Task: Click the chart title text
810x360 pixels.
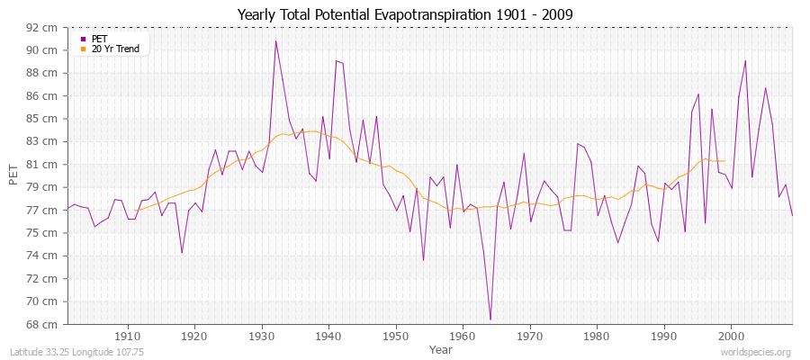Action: pos(405,14)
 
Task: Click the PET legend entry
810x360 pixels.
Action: pos(99,39)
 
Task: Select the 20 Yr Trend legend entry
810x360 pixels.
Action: pos(115,49)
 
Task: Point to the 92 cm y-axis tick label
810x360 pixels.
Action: pos(44,27)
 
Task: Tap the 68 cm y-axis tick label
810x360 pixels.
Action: pos(44,324)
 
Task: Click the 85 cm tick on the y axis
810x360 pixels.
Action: pos(44,119)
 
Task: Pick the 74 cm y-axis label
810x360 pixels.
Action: pos(44,256)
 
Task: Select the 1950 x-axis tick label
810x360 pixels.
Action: pos(395,337)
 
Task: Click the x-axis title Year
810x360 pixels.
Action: pos(440,348)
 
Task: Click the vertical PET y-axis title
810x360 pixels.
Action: pos(13,175)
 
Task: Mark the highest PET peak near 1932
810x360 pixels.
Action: pos(275,40)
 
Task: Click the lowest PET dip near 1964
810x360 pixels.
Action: pos(490,319)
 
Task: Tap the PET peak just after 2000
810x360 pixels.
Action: pos(745,60)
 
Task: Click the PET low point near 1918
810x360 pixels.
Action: pos(182,253)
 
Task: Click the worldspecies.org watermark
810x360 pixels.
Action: pos(757,352)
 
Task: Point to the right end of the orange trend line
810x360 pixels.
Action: pos(724,161)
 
